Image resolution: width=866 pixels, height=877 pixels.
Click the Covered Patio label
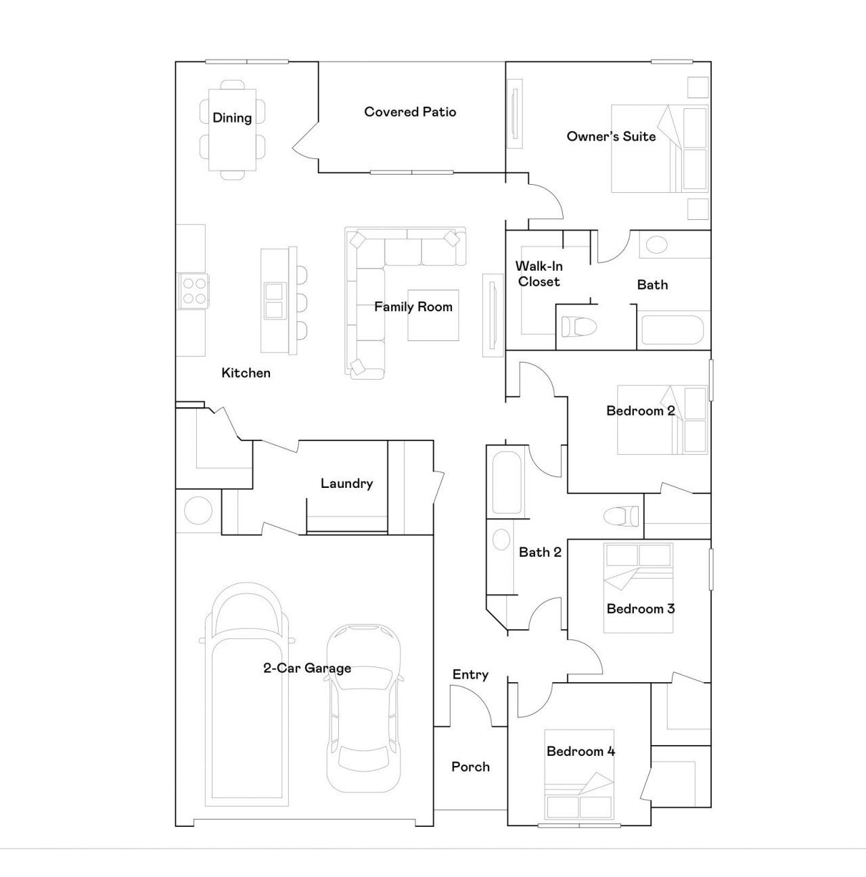[x=410, y=112]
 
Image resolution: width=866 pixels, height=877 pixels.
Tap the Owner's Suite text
[x=611, y=137]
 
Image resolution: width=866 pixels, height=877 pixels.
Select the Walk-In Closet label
[x=539, y=273]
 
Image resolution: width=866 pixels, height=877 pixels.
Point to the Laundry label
[x=347, y=483]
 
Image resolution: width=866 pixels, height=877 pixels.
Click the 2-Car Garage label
[x=307, y=668]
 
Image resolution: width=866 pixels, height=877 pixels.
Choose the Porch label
[x=470, y=767]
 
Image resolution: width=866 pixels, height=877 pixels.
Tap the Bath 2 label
[x=540, y=552]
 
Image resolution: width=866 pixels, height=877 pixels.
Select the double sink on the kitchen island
[x=275, y=300]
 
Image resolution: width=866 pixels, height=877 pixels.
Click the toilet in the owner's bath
[x=579, y=326]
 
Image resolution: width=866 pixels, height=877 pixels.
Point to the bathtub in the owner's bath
[x=673, y=330]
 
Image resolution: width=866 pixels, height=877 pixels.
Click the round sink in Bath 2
[x=501, y=540]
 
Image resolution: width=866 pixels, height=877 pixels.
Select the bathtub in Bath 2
[x=507, y=482]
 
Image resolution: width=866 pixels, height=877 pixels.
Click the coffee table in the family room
[x=433, y=315]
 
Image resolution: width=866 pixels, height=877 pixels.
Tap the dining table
[x=232, y=130]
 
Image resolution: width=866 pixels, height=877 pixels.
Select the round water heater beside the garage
[x=198, y=511]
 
